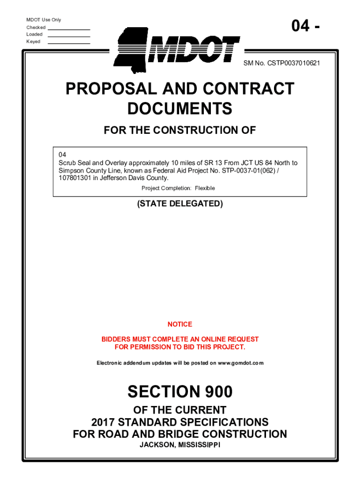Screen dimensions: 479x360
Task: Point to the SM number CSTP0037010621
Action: point(294,63)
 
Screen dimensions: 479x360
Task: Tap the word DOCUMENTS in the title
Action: point(180,109)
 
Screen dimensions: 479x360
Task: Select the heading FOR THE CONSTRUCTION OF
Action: point(180,131)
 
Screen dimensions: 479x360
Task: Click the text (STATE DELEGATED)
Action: point(180,204)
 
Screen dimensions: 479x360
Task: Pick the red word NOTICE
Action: point(180,324)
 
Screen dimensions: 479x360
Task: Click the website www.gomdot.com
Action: point(241,363)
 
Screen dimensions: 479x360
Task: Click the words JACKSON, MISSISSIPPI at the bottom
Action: point(180,444)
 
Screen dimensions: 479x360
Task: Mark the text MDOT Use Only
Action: point(43,20)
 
